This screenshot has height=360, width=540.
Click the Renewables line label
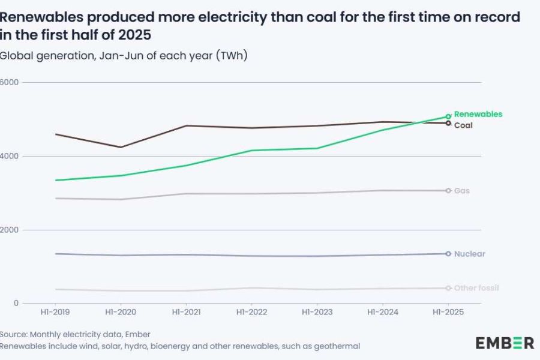[478, 114]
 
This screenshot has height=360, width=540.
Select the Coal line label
[463, 125]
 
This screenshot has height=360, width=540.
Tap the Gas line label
[461, 191]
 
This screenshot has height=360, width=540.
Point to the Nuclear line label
[470, 254]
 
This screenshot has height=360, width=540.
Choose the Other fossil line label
[476, 288]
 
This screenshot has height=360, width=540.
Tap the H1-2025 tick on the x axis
[448, 313]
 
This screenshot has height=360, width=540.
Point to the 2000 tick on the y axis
[10, 230]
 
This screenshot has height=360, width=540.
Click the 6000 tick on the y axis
[10, 82]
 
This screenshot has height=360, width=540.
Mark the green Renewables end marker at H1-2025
[448, 116]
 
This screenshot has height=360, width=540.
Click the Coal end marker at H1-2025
[448, 123]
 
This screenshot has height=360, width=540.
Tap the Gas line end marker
[448, 191]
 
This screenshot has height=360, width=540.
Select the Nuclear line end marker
[448, 254]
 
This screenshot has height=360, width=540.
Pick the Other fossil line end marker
[448, 288]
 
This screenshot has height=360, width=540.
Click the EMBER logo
[505, 343]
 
